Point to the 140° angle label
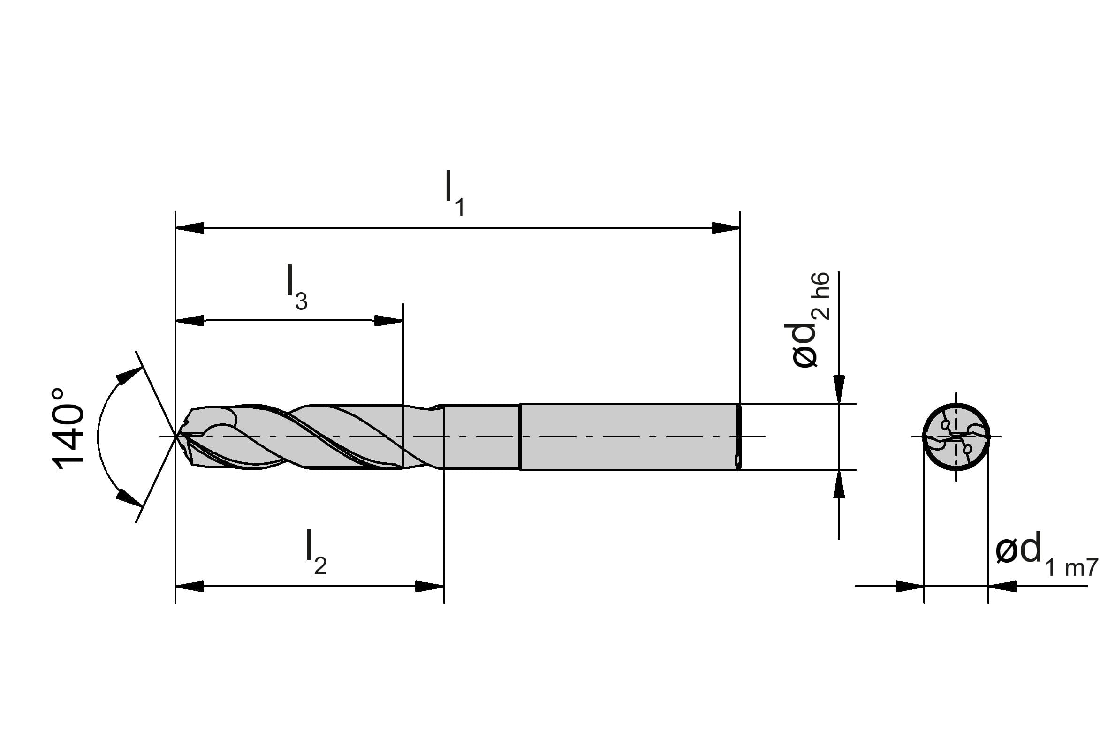tap(68, 428)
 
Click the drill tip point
tap(176, 436)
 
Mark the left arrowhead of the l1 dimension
tap(190, 228)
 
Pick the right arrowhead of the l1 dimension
tap(726, 228)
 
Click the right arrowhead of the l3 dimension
tap(388, 321)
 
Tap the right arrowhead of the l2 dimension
tap(429, 586)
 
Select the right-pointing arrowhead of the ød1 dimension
tap(910, 586)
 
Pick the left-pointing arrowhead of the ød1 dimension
tap(1002, 586)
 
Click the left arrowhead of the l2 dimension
tap(190, 586)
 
